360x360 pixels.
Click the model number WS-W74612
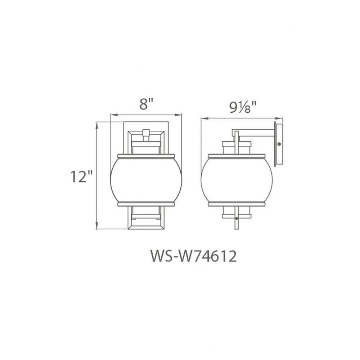click(x=193, y=256)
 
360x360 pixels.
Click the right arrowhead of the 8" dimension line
click(x=179, y=115)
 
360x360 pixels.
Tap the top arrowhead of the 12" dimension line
click(x=97, y=125)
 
